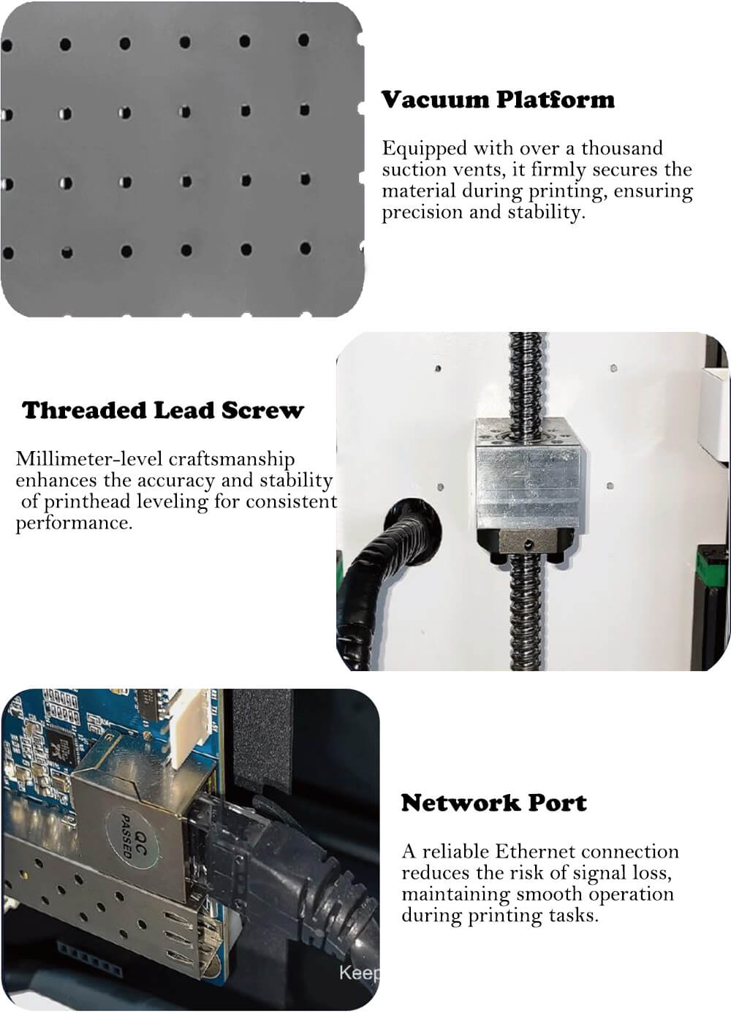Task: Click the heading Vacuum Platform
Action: (x=498, y=99)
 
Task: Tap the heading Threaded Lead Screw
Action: (x=163, y=410)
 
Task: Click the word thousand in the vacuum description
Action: (x=622, y=148)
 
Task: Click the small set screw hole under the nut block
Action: (x=529, y=545)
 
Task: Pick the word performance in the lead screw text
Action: (x=74, y=523)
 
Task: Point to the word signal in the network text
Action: (x=600, y=874)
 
